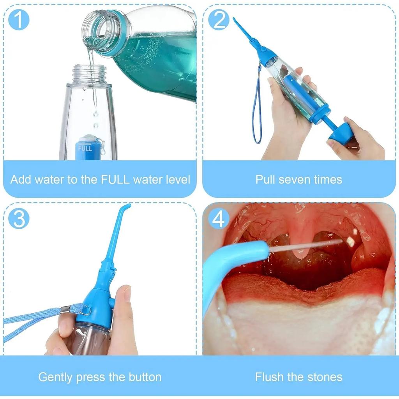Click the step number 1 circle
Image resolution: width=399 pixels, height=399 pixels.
tap(18, 20)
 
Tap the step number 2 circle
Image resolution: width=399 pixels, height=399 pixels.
tap(219, 20)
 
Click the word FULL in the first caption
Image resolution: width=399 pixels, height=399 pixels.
tap(115, 180)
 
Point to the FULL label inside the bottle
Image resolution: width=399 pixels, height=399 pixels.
tap(85, 148)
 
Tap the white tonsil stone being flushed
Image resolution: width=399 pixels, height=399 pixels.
tap(350, 242)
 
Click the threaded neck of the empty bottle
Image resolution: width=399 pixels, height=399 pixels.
tap(90, 74)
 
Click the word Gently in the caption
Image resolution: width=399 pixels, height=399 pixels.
tap(55, 377)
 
